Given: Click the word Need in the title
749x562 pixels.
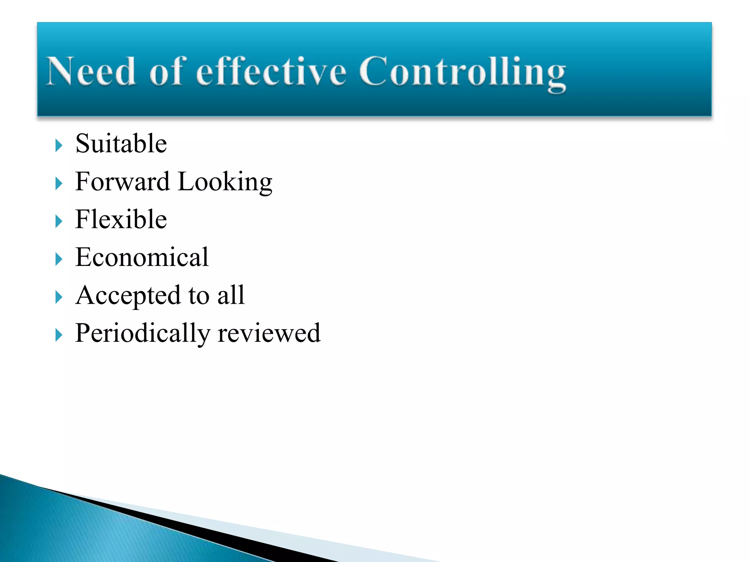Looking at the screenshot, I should click(91, 72).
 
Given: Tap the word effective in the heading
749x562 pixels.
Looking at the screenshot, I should click(271, 72).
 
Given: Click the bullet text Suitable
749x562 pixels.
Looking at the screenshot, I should click(121, 143).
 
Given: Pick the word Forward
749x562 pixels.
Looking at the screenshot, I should click(122, 181).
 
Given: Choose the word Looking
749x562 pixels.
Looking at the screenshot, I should click(225, 182).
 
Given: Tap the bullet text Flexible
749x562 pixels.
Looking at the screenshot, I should click(121, 220).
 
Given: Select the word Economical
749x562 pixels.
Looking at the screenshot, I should click(142, 257).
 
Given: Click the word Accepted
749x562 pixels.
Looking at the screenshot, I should click(128, 296).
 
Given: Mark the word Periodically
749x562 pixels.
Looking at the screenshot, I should click(143, 334).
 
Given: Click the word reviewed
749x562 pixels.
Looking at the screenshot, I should click(269, 334).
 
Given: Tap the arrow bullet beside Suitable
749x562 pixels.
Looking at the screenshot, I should click(59, 146).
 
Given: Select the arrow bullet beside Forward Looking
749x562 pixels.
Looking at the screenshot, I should click(59, 184).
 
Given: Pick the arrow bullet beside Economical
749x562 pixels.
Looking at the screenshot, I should click(59, 259).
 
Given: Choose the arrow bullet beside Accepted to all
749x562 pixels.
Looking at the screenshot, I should click(59, 297).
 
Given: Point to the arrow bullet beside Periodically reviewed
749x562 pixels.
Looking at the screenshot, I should click(59, 335).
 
